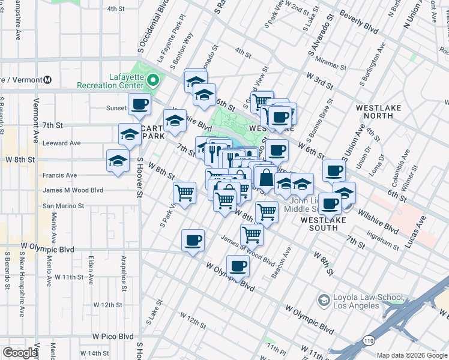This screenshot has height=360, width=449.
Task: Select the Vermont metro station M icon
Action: tap(47, 80)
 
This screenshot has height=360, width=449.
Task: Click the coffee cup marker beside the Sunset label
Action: tap(139, 104)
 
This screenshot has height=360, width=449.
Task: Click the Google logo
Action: tap(20, 353)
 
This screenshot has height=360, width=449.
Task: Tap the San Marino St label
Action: tap(63, 206)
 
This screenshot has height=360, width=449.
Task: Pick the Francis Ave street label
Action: tap(59, 175)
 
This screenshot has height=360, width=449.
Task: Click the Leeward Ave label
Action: tap(61, 143)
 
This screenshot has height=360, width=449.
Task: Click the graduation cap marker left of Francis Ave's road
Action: tap(118, 161)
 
